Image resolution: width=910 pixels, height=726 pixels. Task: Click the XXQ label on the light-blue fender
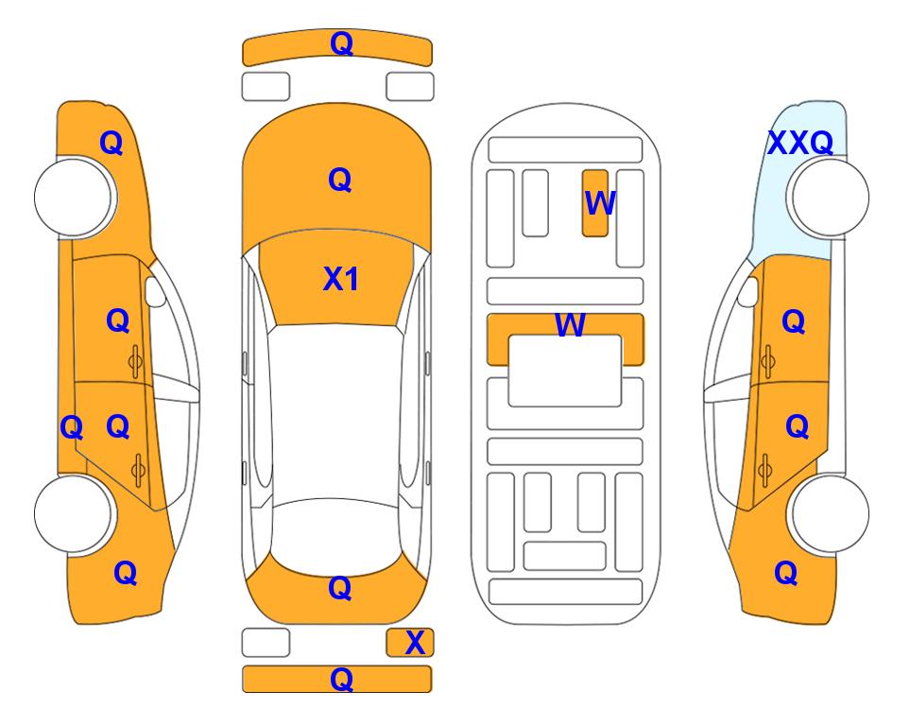(800, 143)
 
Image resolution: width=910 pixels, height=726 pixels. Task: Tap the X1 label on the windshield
(341, 279)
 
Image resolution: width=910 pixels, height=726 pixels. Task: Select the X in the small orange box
(415, 643)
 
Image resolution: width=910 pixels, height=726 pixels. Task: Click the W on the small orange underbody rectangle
(599, 203)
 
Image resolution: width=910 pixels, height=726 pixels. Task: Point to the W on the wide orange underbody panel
(570, 325)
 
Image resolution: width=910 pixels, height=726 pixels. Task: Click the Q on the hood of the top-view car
(340, 180)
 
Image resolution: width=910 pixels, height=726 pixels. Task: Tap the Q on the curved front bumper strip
(341, 43)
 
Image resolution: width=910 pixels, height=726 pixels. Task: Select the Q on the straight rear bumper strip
(341, 679)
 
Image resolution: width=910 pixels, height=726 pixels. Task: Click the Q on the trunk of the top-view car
(340, 588)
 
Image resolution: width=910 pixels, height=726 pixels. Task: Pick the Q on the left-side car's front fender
(112, 143)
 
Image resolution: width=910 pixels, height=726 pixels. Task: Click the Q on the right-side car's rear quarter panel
(786, 573)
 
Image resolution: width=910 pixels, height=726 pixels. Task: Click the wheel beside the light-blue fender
(828, 198)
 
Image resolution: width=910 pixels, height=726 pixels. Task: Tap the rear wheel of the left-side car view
(75, 514)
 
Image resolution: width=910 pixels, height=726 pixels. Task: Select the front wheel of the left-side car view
(75, 198)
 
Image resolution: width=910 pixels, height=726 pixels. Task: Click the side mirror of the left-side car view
(154, 291)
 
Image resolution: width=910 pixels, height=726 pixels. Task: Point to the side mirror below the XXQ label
(748, 291)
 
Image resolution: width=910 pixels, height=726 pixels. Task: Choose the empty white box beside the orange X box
(266, 643)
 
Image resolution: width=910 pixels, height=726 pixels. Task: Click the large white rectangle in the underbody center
(565, 371)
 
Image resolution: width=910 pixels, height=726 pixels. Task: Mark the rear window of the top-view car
(336, 537)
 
